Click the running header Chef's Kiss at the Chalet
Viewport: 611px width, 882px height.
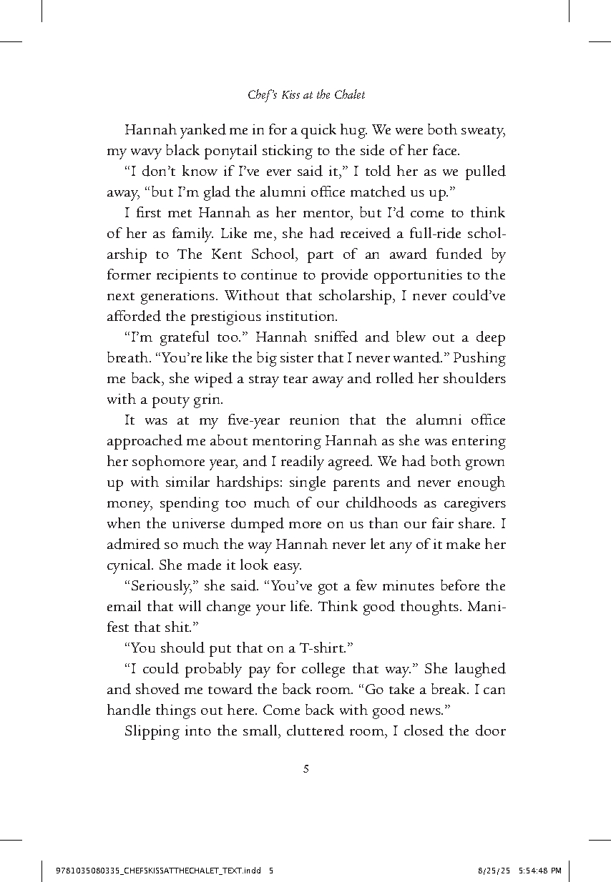(305, 94)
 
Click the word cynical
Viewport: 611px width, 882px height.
(127, 565)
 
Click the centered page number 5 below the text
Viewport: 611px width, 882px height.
(305, 769)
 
